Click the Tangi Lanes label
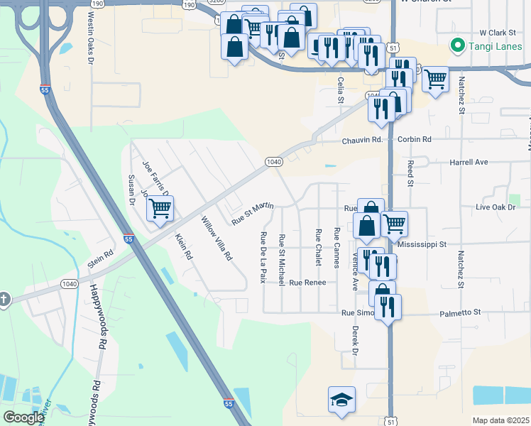click(490, 47)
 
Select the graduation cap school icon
click(341, 399)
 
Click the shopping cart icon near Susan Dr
click(160, 209)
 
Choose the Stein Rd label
click(100, 258)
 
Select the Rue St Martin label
click(253, 212)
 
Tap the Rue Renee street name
click(307, 283)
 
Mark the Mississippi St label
click(422, 244)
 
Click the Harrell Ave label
click(469, 163)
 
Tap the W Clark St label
click(496, 33)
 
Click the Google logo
click(24, 417)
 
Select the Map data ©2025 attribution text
click(500, 420)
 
